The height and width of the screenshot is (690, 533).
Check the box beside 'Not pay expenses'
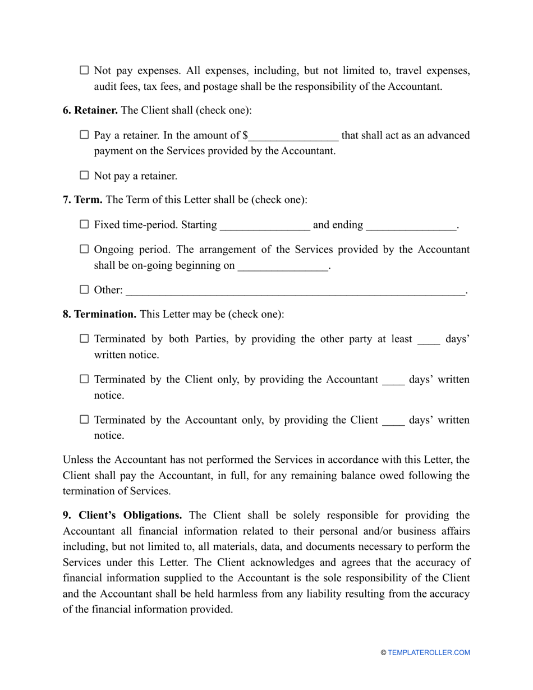[84, 70]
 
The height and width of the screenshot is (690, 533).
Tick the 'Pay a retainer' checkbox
[84, 135]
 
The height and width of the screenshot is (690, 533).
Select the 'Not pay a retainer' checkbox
[84, 175]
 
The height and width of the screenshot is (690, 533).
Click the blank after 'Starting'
[265, 226]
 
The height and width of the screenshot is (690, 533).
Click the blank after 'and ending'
[411, 226]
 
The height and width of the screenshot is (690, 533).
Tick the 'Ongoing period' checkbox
[84, 249]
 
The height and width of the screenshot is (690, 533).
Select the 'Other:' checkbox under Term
[84, 289]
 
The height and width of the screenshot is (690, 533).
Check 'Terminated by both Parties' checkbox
[84, 338]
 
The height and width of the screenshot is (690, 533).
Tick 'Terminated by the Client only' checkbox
[84, 379]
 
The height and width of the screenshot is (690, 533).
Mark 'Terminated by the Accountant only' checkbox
[84, 419]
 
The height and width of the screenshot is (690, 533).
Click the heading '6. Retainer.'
[90, 111]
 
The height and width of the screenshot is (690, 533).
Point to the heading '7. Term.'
[82, 200]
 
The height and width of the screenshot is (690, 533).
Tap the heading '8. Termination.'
[99, 314]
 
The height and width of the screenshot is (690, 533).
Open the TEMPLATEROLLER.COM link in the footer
[429, 652]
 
